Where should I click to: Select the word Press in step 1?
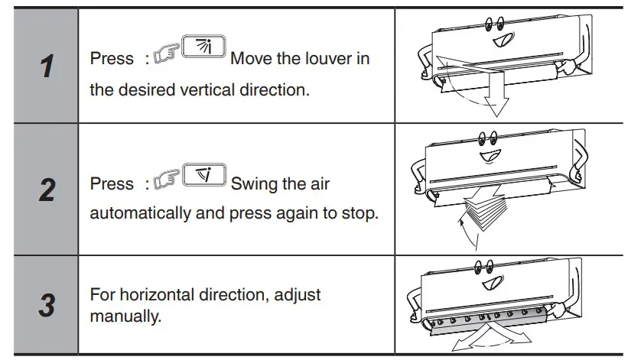click(x=112, y=59)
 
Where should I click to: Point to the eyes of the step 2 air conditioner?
click(x=487, y=139)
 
